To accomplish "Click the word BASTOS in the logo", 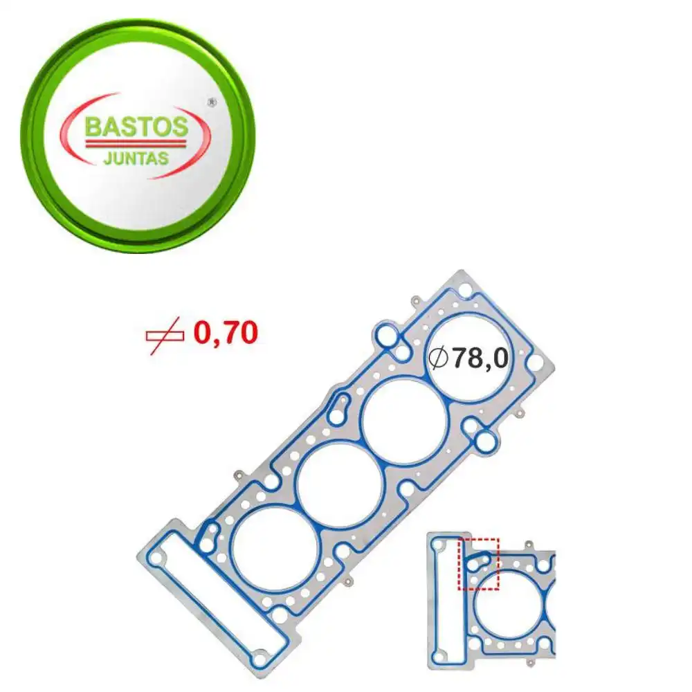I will click(x=136, y=127).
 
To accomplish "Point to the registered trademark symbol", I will click(x=212, y=102).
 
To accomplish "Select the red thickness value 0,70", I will click(x=226, y=334).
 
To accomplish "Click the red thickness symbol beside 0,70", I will click(x=165, y=334).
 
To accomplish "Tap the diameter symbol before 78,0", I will click(x=437, y=358).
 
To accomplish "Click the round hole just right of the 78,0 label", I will click(x=535, y=361).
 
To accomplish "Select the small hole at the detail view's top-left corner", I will click(x=437, y=545).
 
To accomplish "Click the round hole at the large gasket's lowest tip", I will click(x=259, y=659).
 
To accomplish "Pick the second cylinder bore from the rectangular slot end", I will click(x=339, y=485).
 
